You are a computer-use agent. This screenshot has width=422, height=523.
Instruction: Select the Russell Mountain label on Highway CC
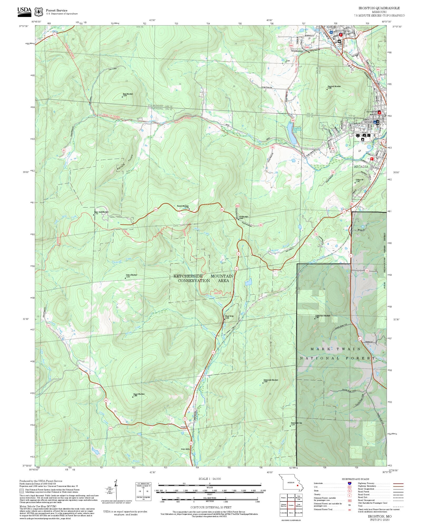pyautogui.click(x=183, y=206)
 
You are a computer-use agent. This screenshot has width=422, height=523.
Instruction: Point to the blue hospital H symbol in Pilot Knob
pyautogui.click(x=331, y=32)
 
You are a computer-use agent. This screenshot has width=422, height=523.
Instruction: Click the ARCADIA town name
pyautogui.click(x=361, y=167)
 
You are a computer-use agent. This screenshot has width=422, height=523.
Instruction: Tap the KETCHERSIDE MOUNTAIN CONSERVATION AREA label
pyautogui.click(x=203, y=278)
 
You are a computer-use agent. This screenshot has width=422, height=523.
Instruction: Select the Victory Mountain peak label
pyautogui.click(x=131, y=275)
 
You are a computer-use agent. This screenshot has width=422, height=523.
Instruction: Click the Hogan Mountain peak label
pyautogui.click(x=139, y=394)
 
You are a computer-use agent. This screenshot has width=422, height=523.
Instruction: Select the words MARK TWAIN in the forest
pyautogui.click(x=335, y=349)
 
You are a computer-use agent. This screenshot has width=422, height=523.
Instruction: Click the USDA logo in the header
pyautogui.click(x=24, y=12)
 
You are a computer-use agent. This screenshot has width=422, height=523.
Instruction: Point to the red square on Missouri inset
pyautogui.click(x=297, y=485)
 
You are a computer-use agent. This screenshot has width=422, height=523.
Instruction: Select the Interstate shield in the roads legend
pyautogui.click(x=349, y=483)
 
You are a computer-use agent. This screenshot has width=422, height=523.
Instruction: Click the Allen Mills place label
pyautogui.click(x=185, y=449)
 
